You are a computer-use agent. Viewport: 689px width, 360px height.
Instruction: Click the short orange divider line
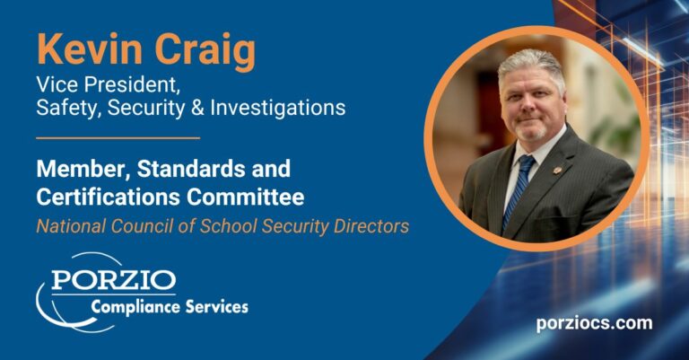(118, 138)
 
